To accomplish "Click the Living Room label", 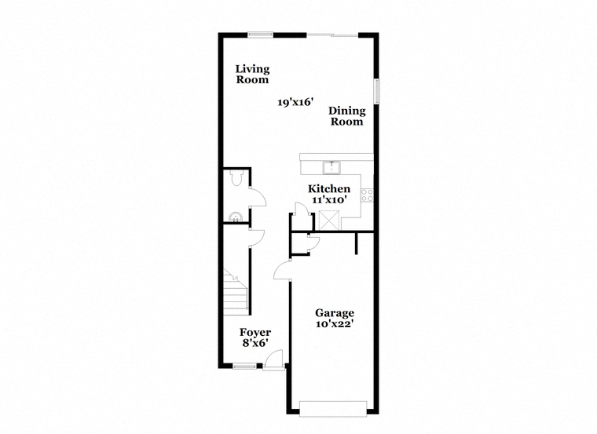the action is point(252,75).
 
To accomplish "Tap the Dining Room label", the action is point(347,116).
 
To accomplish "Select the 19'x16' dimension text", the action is point(295,102).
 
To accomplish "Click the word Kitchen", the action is point(329,188).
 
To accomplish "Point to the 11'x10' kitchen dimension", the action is point(329,199).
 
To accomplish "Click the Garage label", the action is point(335,313).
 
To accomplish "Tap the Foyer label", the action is point(255,333).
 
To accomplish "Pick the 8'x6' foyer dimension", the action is point(255,343).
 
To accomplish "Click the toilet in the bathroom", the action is point(236,177).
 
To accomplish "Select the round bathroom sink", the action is point(236,217).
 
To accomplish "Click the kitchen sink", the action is point(332,167).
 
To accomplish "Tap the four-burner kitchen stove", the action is point(367,195).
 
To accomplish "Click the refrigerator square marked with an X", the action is point(329,221).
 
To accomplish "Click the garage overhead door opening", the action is point(334,409).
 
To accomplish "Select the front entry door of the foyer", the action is point(274,359).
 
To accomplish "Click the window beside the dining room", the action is point(377,91).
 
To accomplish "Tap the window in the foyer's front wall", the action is point(244,367).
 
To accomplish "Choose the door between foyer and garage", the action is point(282,271).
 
